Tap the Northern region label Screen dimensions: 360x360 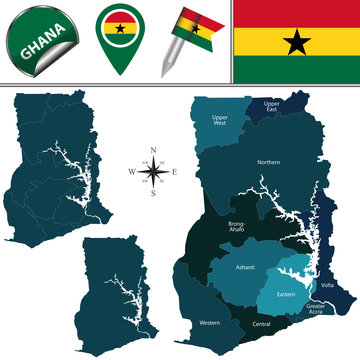click(x=268, y=162)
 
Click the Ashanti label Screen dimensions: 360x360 click(x=246, y=268)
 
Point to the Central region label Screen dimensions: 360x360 click(x=262, y=325)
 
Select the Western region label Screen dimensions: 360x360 click(x=210, y=323)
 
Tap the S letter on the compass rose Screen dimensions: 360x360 click(x=153, y=194)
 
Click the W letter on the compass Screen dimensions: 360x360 click(x=130, y=171)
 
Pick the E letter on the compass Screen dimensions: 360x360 click(x=176, y=171)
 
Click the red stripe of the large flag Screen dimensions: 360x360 click(x=295, y=13)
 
